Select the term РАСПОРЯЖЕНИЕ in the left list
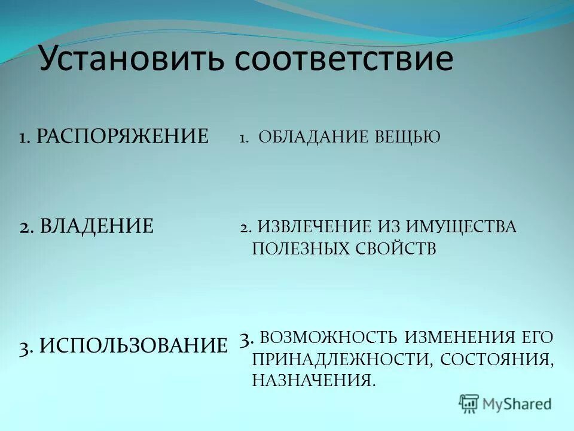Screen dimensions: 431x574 click(123, 136)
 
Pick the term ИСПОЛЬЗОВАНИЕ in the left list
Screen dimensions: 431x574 click(133, 345)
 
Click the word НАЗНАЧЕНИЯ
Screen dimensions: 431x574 click(314, 381)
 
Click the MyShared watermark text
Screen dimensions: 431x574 click(517, 404)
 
